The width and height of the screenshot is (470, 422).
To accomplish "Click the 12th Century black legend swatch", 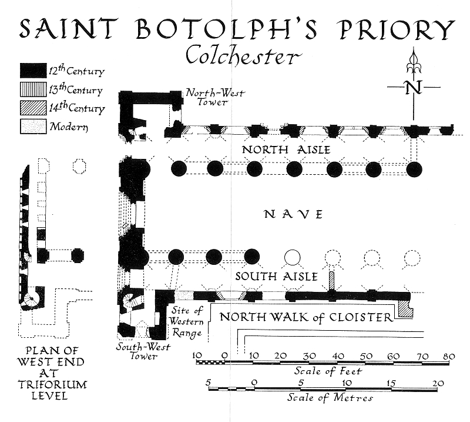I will click(33, 71).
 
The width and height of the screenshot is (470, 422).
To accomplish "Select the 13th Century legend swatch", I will click(33, 89).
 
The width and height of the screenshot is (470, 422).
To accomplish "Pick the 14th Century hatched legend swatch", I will click(33, 108).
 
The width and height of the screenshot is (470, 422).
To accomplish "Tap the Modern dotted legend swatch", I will click(33, 127).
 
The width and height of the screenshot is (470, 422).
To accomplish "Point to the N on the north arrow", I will click(415, 88).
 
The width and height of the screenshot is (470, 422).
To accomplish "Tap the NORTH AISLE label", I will click(278, 150).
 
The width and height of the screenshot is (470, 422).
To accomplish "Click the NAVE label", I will click(294, 214).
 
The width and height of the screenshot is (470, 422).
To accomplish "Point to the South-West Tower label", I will click(143, 351).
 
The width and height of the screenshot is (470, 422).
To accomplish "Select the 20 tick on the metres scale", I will click(437, 383).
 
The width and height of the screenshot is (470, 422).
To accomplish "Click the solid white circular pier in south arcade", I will click(292, 257).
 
